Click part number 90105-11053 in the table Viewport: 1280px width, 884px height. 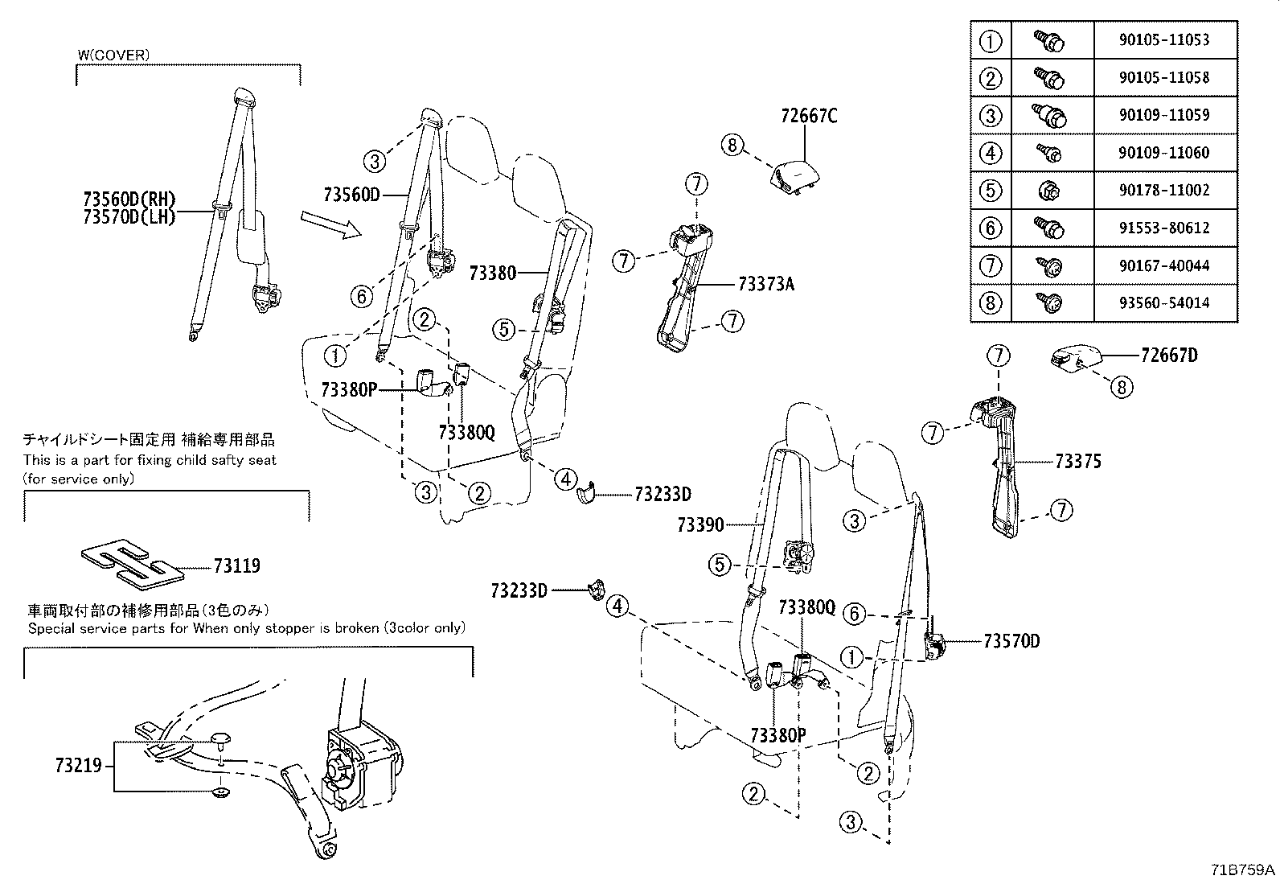click(1163, 39)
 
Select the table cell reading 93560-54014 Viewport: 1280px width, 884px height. click(1163, 303)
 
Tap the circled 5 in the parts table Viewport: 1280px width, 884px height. click(991, 191)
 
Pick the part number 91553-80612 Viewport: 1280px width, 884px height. click(1163, 228)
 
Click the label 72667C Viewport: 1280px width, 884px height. click(808, 116)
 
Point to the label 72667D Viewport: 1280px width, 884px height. click(1168, 355)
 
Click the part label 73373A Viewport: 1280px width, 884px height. click(765, 284)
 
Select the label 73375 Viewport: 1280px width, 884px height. click(1077, 462)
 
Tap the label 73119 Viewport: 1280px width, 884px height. click(236, 566)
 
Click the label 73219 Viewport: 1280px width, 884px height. click(79, 766)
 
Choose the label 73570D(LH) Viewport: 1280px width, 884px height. click(129, 217)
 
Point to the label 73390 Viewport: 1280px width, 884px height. click(700, 525)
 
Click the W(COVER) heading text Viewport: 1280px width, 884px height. click(113, 55)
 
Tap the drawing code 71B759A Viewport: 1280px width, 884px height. click(1243, 870)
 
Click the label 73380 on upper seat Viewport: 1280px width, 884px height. click(492, 273)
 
